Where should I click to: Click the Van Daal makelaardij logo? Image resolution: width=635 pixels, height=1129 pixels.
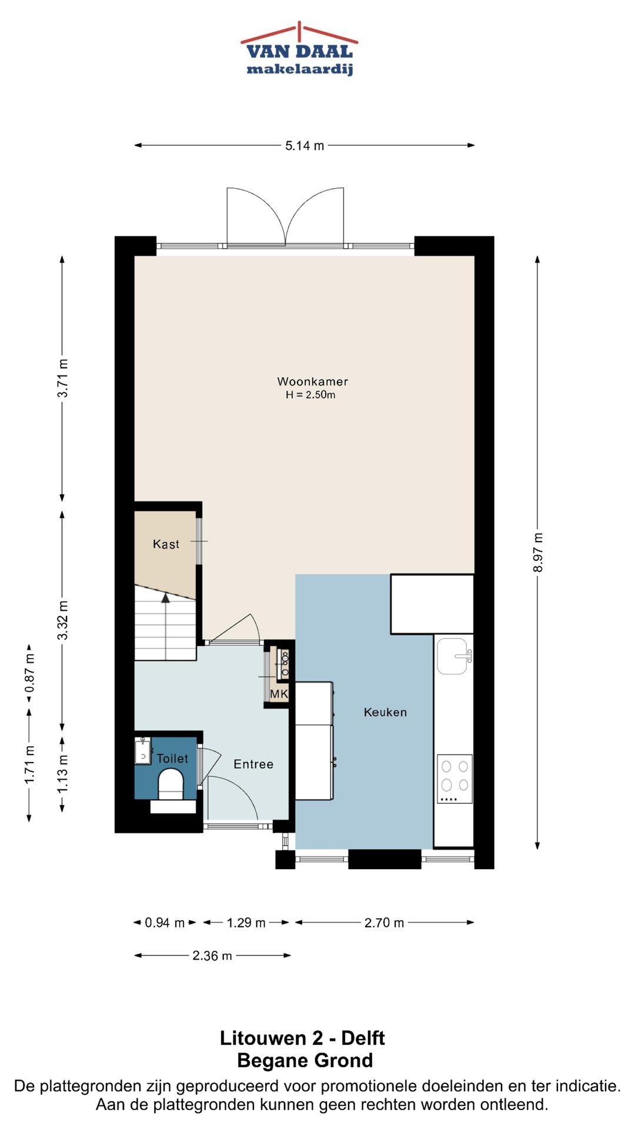[300, 49]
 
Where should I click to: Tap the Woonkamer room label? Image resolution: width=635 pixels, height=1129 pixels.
[313, 382]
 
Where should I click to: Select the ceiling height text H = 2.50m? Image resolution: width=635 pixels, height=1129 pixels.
[310, 395]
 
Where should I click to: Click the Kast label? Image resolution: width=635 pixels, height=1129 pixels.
[166, 545]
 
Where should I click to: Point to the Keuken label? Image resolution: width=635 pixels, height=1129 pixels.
[385, 712]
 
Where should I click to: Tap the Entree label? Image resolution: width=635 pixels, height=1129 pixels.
[253, 764]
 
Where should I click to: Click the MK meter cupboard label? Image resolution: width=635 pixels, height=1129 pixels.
[279, 694]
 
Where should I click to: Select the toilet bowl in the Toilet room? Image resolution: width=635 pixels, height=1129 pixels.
[171, 784]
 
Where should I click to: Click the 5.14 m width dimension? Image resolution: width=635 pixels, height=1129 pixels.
[305, 146]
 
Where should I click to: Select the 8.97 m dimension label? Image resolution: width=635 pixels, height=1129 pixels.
[538, 552]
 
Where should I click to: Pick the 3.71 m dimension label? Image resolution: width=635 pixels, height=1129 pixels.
[63, 378]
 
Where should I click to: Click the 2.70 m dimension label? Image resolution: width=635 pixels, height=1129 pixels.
[384, 923]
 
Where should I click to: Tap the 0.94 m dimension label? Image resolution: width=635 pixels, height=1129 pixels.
[165, 923]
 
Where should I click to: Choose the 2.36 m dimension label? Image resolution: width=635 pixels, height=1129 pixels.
[212, 956]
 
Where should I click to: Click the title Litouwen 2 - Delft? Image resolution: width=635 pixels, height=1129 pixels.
[302, 1038]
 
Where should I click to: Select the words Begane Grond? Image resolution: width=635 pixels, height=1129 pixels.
[305, 1061]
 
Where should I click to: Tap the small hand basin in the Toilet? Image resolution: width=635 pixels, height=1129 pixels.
[143, 751]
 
